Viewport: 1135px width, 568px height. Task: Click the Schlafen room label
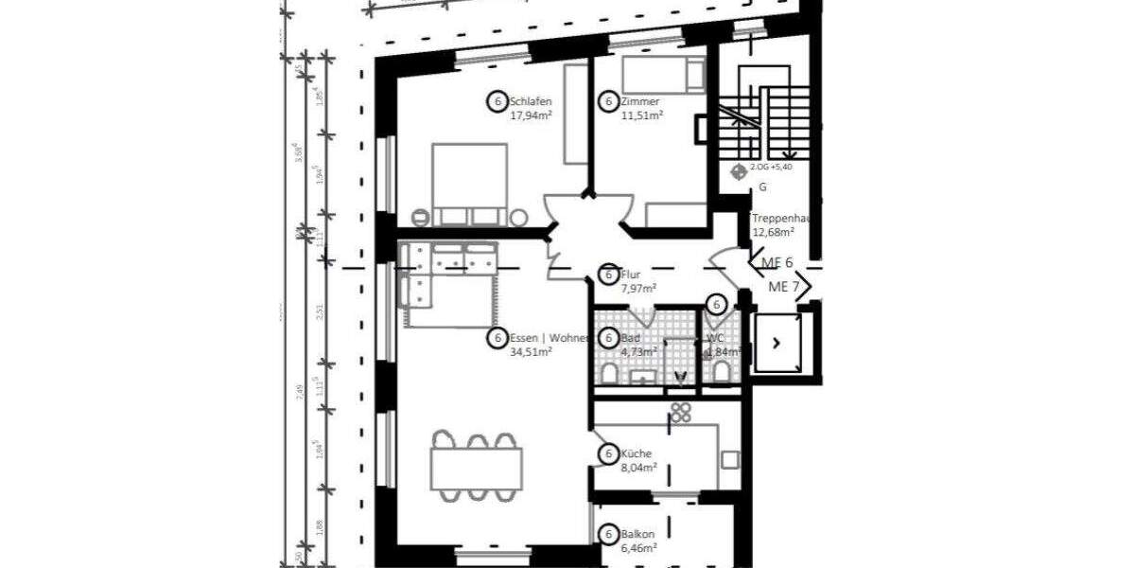click(x=531, y=102)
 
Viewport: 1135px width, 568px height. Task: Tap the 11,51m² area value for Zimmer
click(x=641, y=115)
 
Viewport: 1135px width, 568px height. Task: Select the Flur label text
click(x=632, y=275)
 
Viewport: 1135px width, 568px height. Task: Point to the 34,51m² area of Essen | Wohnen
click(x=531, y=351)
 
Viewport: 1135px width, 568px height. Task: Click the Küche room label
click(x=637, y=453)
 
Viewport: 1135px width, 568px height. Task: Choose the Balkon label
click(x=638, y=534)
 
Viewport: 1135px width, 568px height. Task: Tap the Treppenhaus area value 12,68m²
click(x=772, y=231)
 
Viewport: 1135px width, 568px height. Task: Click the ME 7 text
click(x=784, y=287)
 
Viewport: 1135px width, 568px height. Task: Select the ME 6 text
click(x=777, y=262)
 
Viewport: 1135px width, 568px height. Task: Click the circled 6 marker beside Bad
click(x=608, y=338)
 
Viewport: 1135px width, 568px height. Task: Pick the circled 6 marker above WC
click(x=716, y=305)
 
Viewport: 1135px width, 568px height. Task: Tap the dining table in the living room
click(x=476, y=468)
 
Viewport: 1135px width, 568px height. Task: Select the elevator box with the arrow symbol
click(x=777, y=343)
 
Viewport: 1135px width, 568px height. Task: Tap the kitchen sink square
click(x=730, y=460)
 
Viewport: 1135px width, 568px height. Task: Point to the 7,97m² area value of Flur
click(x=639, y=289)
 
